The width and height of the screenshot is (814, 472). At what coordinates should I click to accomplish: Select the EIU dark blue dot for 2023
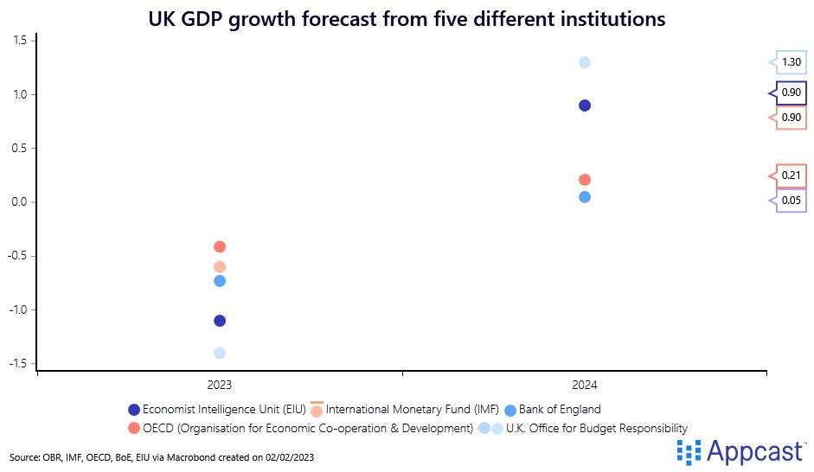(220, 321)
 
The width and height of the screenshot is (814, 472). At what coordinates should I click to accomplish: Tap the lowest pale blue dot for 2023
(220, 353)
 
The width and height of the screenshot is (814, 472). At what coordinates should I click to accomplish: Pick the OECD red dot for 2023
(220, 247)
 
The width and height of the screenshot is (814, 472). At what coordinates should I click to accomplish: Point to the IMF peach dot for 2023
(220, 267)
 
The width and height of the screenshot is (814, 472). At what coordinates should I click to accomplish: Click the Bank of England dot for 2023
(220, 281)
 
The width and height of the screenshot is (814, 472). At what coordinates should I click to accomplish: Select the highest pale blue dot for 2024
(585, 62)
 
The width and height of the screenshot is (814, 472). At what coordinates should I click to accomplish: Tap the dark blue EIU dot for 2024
(585, 105)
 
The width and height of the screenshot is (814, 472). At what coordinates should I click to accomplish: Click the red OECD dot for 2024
(585, 180)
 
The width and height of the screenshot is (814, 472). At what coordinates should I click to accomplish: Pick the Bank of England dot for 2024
(585, 197)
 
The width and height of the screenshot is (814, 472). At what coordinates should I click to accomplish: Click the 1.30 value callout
(791, 62)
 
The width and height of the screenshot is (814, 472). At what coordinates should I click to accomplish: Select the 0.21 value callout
(791, 175)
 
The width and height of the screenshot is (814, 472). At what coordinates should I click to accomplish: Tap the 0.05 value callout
(791, 201)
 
